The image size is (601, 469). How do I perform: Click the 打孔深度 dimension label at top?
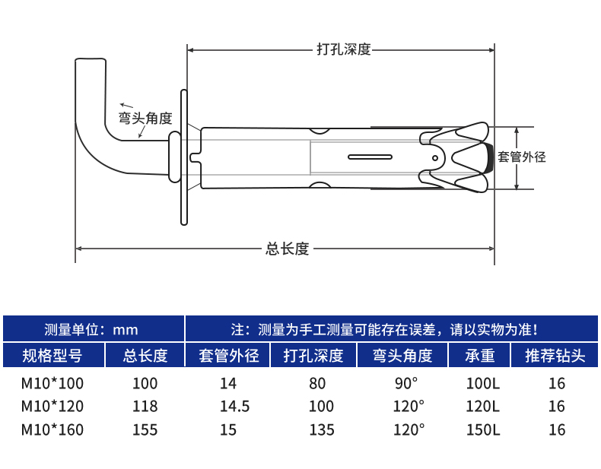click(343, 49)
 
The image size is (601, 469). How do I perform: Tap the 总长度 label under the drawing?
click(287, 249)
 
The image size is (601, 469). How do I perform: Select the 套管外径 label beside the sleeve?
click(522, 157)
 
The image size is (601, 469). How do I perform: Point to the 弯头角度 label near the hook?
click(145, 119)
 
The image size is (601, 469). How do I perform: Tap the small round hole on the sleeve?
click(434, 158)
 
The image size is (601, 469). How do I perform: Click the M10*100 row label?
click(52, 383)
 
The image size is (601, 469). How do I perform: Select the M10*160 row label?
click(52, 430)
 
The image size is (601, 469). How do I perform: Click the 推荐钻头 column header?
click(556, 356)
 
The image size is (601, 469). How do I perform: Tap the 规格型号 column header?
click(52, 356)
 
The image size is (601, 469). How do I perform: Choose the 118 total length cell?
click(145, 407)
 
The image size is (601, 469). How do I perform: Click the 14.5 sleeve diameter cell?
click(234, 407)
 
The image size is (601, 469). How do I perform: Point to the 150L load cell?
click(483, 430)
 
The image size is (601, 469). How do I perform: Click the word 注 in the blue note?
click(237, 330)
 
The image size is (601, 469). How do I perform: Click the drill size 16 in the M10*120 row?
click(557, 407)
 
